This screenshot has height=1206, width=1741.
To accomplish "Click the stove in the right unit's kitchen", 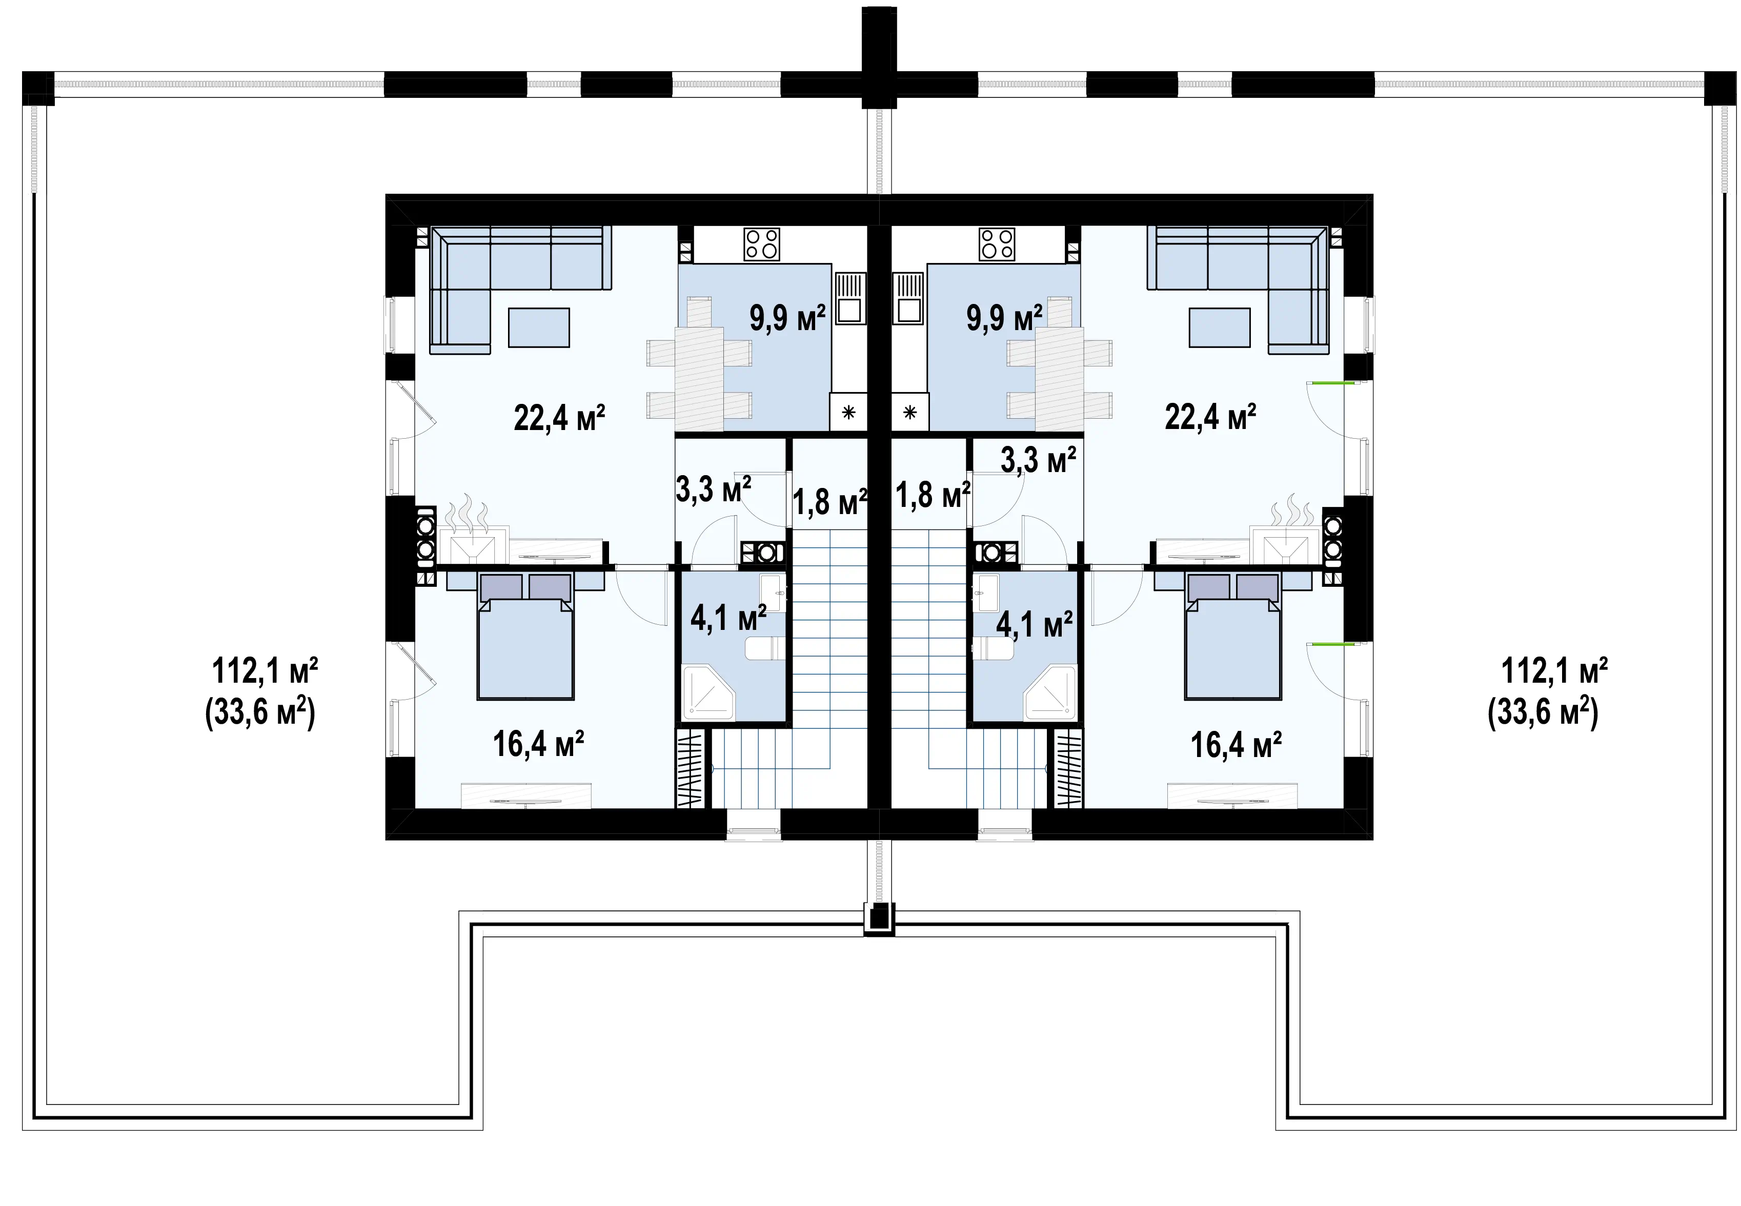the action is point(997,244).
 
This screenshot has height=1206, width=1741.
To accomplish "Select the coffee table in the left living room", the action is point(539,327).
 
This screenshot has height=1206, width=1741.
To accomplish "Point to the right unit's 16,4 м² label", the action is point(1236,745).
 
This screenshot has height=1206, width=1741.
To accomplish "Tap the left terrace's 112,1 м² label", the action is point(265,670).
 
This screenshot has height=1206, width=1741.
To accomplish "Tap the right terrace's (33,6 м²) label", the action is point(1543,712).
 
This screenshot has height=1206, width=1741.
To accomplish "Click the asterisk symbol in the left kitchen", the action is point(848,413).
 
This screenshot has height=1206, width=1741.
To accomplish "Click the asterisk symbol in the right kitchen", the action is point(910,413).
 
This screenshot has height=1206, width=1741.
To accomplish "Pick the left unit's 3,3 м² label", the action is point(713,489).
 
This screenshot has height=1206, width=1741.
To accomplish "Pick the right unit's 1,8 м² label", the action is point(933,496).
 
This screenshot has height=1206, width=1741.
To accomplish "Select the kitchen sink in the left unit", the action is point(850,298).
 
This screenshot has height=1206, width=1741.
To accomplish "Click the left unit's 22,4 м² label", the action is point(559,418).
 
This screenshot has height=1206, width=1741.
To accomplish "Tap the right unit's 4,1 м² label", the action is point(1035,625).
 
